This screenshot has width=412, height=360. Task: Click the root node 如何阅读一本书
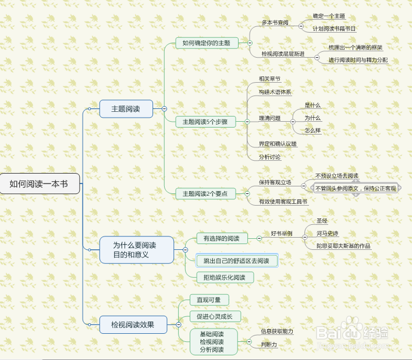[40, 183]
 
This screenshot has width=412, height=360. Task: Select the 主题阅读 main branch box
[126, 108]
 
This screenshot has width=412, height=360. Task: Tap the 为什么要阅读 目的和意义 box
[137, 250]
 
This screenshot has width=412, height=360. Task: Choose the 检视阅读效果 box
[133, 324]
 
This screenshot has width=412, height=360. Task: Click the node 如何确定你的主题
[207, 43]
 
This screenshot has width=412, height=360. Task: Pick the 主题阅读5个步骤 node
[205, 122]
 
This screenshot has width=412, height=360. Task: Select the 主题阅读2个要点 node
[205, 194]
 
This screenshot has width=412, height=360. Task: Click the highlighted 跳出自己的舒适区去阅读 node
[237, 260]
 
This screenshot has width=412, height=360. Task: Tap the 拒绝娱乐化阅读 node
[225, 277]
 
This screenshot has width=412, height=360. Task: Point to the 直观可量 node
[209, 300]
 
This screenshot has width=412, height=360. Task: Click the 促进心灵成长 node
[215, 316]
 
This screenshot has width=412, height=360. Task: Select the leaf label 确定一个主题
[329, 16]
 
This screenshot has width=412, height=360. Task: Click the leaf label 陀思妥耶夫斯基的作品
[343, 246]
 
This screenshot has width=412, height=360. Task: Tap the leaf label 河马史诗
[328, 233]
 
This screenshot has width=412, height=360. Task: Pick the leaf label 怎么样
[312, 130]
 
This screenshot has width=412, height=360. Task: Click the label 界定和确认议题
[278, 144]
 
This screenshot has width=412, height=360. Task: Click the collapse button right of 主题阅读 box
[164, 108]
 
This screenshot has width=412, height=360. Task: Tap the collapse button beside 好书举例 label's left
[259, 238]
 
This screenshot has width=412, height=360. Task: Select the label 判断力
[269, 344]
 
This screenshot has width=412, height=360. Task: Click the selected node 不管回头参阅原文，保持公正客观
[356, 188]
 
